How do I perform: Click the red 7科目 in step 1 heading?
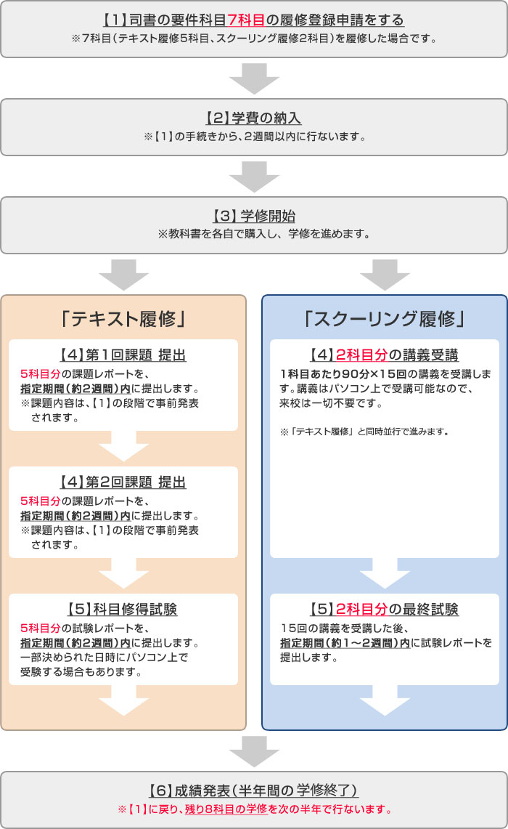(249, 20)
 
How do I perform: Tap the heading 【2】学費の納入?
(254, 118)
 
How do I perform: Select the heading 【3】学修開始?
(254, 216)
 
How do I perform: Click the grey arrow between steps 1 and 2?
(254, 78)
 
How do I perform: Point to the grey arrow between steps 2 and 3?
(254, 177)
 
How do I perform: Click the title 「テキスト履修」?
(123, 318)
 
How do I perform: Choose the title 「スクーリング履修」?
(385, 318)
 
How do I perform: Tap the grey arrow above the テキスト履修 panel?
(123, 275)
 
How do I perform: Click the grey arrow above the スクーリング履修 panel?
(385, 275)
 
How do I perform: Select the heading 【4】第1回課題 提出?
(123, 355)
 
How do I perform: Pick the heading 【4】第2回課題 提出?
(123, 482)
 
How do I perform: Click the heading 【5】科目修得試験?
(123, 610)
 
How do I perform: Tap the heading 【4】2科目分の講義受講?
(385, 355)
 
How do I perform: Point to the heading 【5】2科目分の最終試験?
(385, 610)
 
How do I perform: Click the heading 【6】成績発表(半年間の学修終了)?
(254, 790)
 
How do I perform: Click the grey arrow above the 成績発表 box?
(254, 751)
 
